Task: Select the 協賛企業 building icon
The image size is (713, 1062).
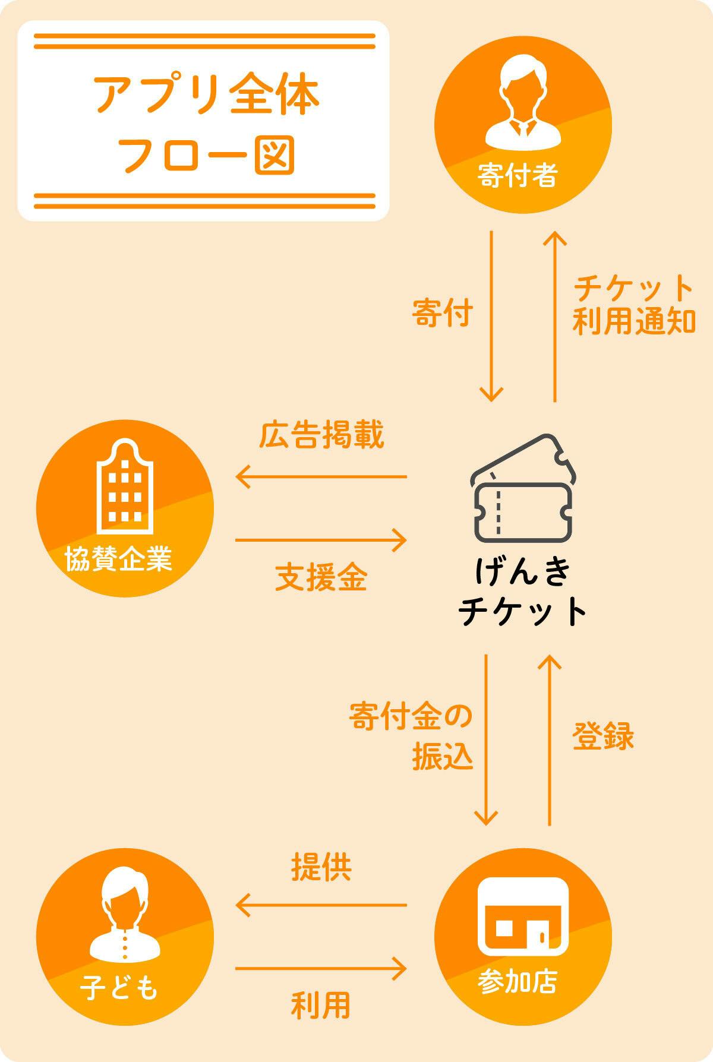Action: click(x=125, y=487)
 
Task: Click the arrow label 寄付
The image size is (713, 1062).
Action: click(x=443, y=314)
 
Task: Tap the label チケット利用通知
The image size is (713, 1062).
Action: click(x=633, y=304)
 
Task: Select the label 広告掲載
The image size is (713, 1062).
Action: click(x=321, y=435)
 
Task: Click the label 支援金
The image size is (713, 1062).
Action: click(x=321, y=577)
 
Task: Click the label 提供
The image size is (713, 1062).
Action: click(x=321, y=867)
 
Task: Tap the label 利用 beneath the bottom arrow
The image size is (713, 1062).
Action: click(x=321, y=1005)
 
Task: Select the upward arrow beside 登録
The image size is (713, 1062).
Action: click(x=550, y=740)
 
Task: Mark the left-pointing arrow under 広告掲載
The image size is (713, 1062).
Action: click(x=321, y=476)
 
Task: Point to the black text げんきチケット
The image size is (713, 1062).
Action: click(x=523, y=592)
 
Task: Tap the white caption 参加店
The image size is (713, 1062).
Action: click(x=518, y=983)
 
